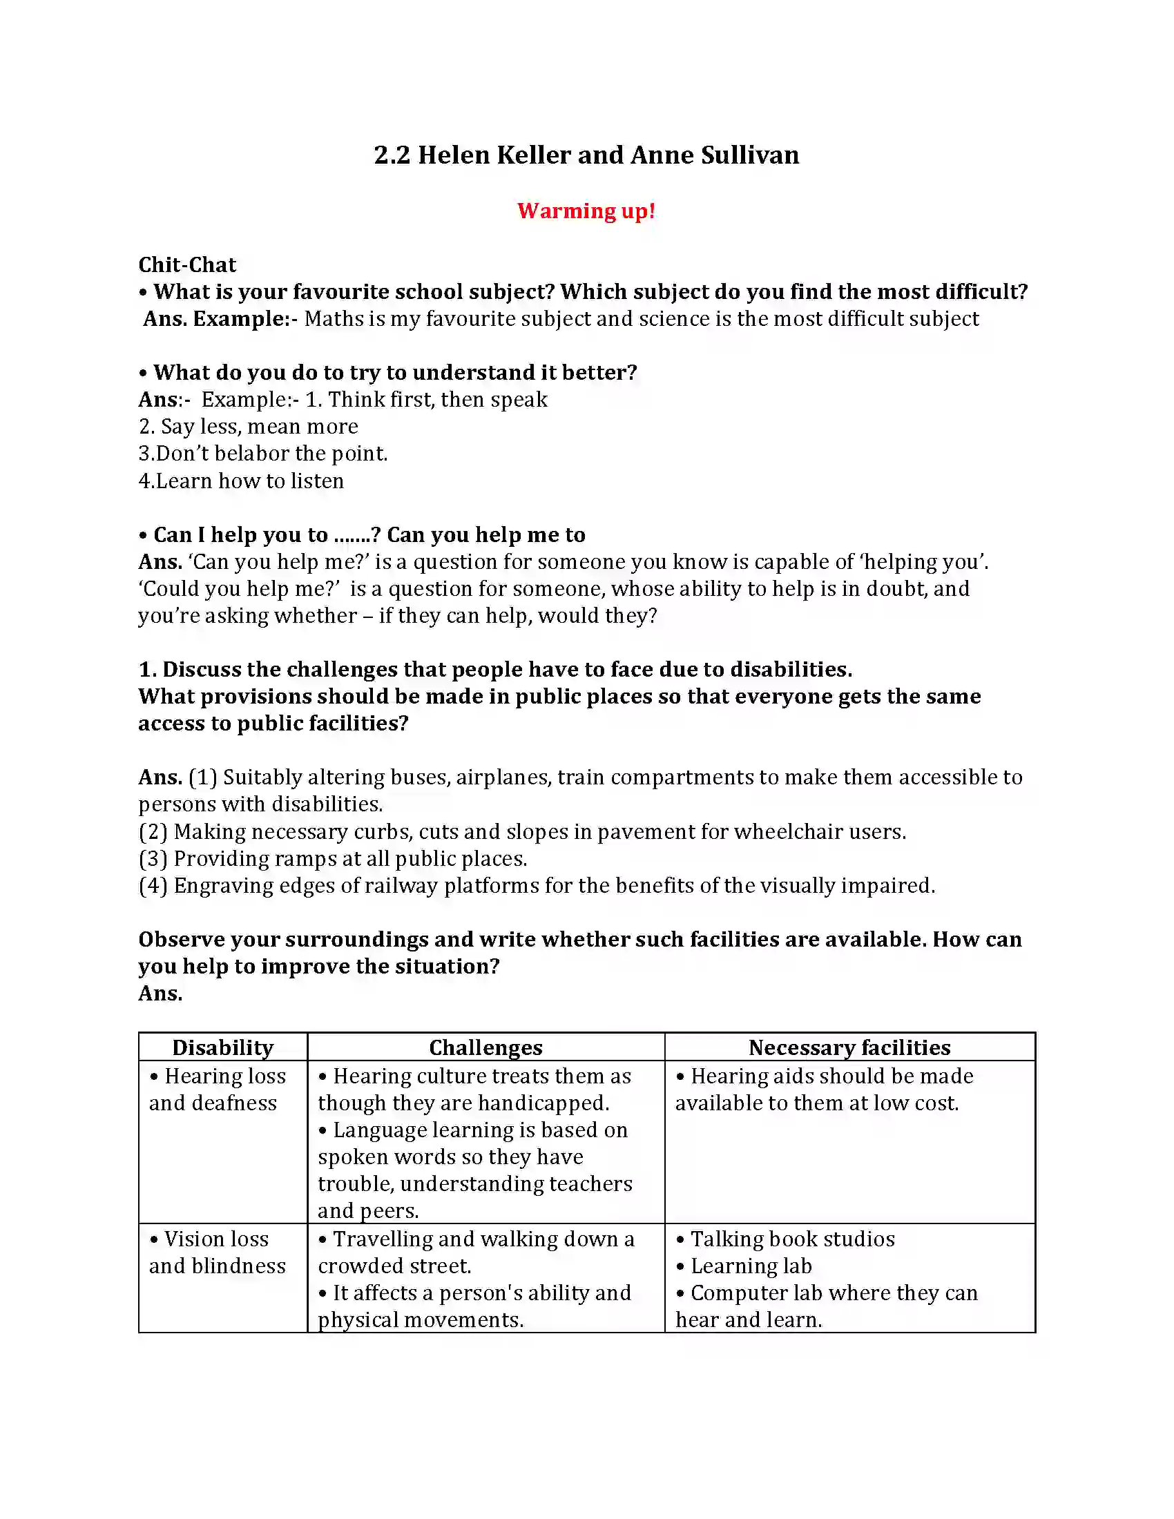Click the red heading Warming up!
[586, 211]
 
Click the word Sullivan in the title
[750, 155]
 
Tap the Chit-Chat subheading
[187, 265]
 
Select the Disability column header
[222, 1047]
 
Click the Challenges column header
[485, 1047]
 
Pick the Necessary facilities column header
[849, 1047]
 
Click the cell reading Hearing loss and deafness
[217, 1089]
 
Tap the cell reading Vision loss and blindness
[217, 1252]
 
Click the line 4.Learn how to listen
[241, 481]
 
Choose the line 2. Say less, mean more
[249, 426]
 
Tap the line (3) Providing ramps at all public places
[333, 859]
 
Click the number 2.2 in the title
[392, 155]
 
